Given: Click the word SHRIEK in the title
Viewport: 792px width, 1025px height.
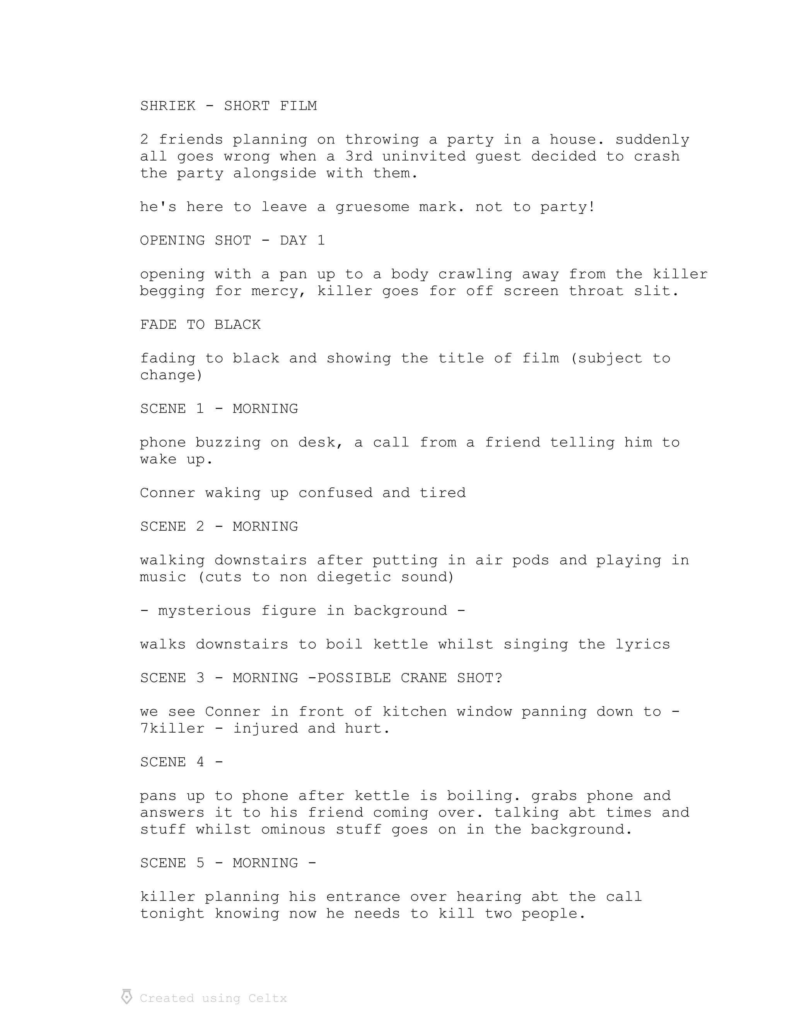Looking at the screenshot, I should coord(167,106).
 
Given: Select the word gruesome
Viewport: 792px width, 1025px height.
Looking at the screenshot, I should coord(372,207).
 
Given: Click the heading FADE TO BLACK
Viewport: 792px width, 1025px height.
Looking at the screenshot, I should coord(200,325).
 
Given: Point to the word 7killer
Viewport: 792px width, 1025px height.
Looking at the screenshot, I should coord(172,729).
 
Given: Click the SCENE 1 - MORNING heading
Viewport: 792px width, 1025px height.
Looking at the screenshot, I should coord(218,409).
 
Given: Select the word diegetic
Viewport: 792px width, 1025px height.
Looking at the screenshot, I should coord(354,577).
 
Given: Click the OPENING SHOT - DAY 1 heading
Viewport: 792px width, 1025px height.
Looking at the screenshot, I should coord(232,241).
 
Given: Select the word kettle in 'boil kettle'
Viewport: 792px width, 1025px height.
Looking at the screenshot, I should coord(400,644).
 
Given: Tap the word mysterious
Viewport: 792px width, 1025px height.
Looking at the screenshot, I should coord(205,611).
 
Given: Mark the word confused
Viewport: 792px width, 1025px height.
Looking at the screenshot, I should coord(335,493).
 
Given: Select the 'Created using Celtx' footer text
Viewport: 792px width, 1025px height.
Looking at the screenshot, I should coord(213,998).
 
